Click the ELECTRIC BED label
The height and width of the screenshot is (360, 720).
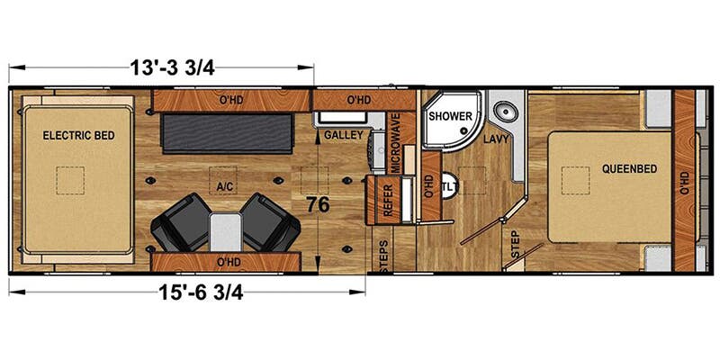(78, 136)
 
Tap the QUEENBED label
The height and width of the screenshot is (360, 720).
(629, 168)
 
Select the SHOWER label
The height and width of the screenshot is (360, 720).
(451, 116)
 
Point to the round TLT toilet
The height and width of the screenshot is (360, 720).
(447, 185)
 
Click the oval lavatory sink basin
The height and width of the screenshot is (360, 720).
(504, 111)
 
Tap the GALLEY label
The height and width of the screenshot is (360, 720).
(344, 135)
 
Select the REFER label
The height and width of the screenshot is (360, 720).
(388, 200)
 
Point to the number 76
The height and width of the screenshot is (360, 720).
(319, 205)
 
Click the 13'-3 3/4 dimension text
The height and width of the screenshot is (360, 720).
(173, 68)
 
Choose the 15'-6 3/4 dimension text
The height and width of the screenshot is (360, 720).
(201, 292)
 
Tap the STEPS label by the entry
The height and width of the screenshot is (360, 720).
(385, 256)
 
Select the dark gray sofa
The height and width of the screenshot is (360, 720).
(227, 134)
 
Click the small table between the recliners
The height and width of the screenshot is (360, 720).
(226, 232)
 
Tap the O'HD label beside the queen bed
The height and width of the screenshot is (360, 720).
(685, 184)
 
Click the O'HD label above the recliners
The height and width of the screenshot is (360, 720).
(229, 262)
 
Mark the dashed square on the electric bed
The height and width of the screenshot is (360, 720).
(70, 181)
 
